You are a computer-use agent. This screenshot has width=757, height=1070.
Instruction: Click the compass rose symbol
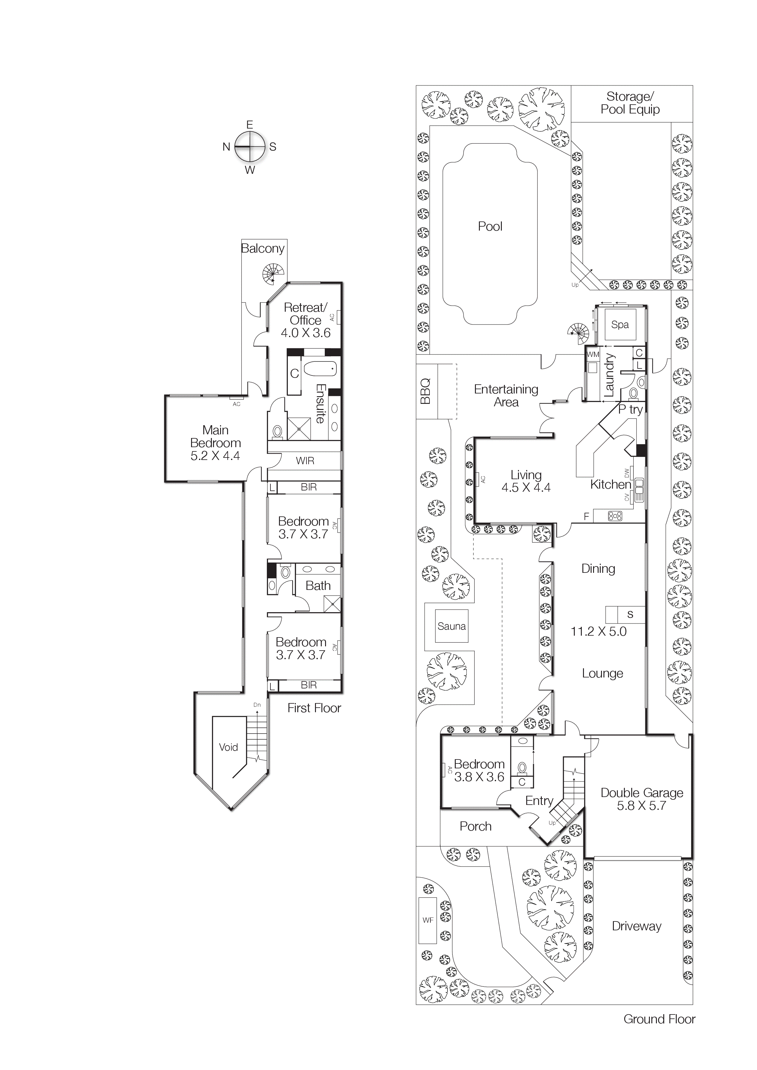point(250,146)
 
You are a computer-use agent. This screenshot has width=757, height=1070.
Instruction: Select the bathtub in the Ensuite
point(320,370)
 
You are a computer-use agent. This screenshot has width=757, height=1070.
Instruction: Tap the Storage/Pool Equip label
point(630,103)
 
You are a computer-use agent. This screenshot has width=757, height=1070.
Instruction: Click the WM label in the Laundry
point(592,354)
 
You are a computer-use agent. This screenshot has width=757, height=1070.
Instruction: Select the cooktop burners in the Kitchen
point(615,516)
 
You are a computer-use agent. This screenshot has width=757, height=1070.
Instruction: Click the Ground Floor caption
point(659,1019)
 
